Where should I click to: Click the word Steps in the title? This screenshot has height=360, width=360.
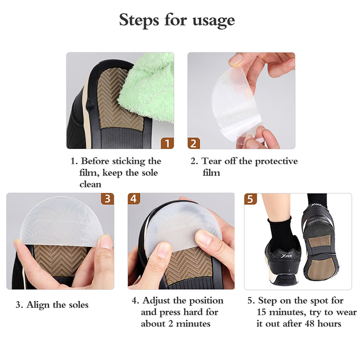click(x=139, y=20)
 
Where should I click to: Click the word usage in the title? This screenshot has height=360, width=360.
click(x=213, y=21)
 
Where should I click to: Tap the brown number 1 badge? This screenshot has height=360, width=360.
click(x=167, y=143)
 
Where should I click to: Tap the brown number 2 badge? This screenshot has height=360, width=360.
click(x=194, y=143)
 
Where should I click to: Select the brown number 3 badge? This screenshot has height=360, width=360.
click(x=108, y=198)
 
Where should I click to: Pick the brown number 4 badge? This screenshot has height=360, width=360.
click(x=134, y=198)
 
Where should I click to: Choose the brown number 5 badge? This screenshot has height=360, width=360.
click(x=251, y=199)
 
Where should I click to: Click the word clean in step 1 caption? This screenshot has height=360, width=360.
click(x=90, y=184)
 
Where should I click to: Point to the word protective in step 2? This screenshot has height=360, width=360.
click(x=276, y=162)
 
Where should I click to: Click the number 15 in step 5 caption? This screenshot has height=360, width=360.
click(x=261, y=312)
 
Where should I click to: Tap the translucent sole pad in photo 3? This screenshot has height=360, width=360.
click(x=61, y=220)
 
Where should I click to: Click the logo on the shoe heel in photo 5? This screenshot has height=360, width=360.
click(x=286, y=256)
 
